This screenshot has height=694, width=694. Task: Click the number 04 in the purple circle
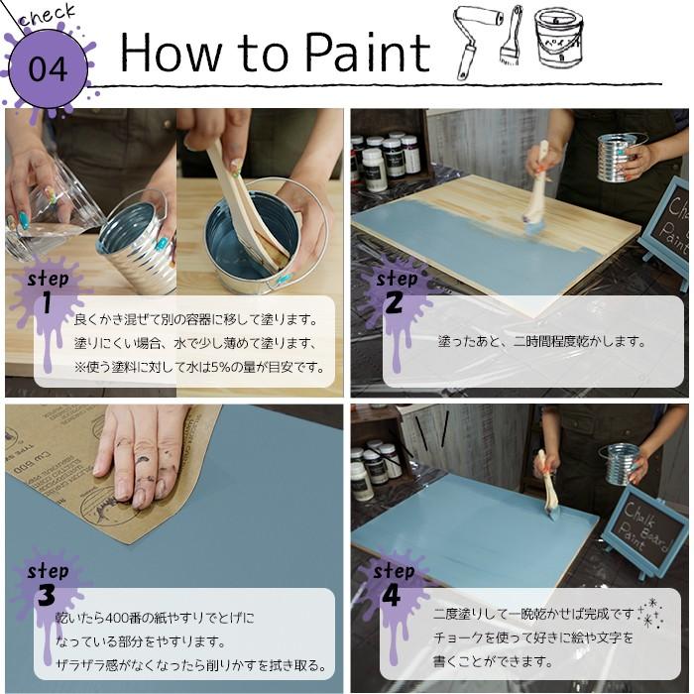coord(48,68)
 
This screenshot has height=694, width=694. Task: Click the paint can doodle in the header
coord(558,37)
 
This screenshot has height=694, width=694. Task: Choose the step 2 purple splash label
coord(395,291)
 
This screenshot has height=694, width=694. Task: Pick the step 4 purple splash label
coord(393,584)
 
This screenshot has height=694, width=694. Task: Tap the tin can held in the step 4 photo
coord(621,463)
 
